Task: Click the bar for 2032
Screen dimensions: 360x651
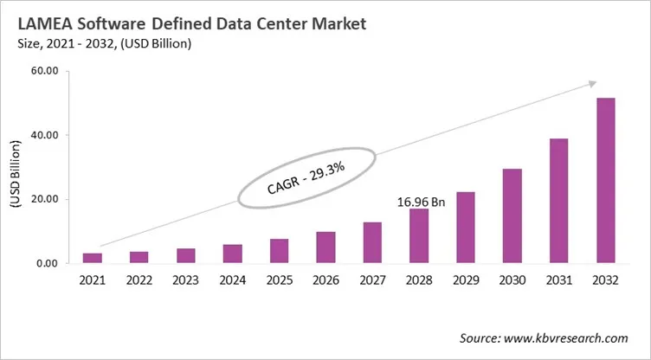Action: point(606,181)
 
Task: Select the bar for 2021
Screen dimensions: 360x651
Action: point(92,258)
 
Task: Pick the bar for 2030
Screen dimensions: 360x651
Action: point(512,215)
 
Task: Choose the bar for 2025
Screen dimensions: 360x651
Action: point(279,251)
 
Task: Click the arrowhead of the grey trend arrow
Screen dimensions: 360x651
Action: point(591,84)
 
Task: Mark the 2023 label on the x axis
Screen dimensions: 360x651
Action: point(185,281)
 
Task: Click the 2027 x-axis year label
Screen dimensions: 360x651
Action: point(372,281)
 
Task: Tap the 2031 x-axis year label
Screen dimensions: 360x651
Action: point(559,281)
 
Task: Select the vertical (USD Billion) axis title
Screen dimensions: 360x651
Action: point(15,168)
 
